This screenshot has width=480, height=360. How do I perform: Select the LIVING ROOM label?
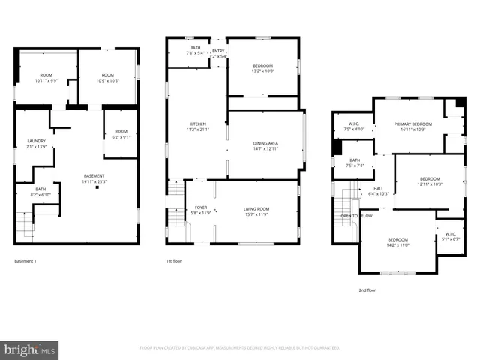point(256,208)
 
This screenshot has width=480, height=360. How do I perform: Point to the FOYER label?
point(201,208)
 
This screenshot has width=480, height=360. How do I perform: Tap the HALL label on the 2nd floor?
point(379,189)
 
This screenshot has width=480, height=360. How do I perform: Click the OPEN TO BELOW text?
point(356,215)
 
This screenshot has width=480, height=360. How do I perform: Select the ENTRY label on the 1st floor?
point(217,49)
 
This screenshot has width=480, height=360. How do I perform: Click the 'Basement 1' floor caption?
point(25,261)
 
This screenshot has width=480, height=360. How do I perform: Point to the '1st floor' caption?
point(174,261)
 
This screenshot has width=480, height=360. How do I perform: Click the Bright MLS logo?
point(30,349)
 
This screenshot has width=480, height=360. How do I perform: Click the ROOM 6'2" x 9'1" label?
point(120,134)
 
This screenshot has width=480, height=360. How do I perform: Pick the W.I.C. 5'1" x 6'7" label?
point(451,236)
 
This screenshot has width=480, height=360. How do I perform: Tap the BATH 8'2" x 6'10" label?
point(40,192)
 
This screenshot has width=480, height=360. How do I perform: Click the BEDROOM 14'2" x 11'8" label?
point(397,241)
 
